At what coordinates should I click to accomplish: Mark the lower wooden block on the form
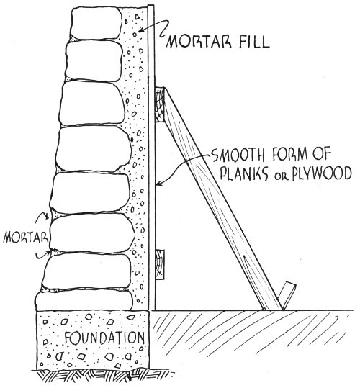(x=159, y=263)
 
